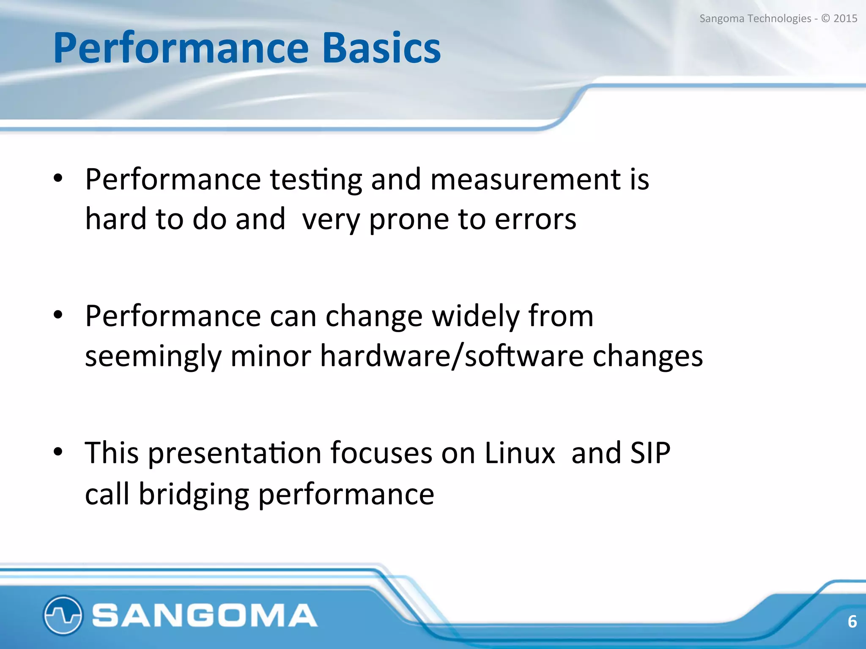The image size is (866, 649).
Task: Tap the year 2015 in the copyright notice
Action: [x=845, y=19]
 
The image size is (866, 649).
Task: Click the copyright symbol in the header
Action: [x=825, y=19]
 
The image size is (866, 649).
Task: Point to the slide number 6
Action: [x=852, y=622]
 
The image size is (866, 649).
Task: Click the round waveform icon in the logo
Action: [x=63, y=615]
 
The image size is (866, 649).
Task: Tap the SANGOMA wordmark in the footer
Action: [x=205, y=615]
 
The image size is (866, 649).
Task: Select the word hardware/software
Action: [x=452, y=356]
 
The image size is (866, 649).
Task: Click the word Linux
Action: [x=520, y=453]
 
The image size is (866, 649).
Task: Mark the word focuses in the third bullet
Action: [x=381, y=453]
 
